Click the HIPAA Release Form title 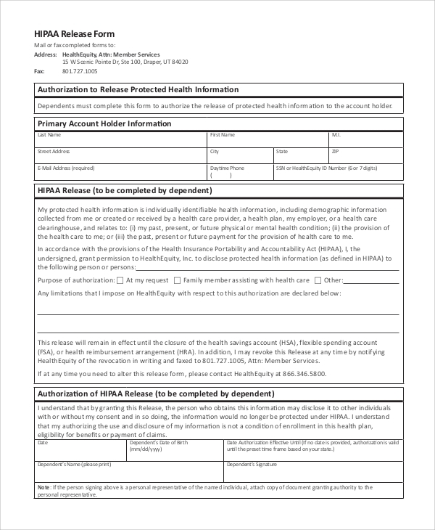point(75,34)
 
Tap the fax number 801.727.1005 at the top point(80,71)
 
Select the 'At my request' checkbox point(120,280)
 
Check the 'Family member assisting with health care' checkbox point(177,280)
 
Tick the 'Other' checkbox point(318,280)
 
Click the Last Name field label point(49,135)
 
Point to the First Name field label point(223,135)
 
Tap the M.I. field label point(336,135)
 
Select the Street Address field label point(53,152)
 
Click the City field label point(215,152)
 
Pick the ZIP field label point(335,152)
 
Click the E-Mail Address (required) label point(66,168)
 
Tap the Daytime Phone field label point(227,168)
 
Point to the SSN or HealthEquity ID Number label point(326,168)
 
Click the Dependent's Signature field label point(252,463)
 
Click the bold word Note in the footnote point(44,487)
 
